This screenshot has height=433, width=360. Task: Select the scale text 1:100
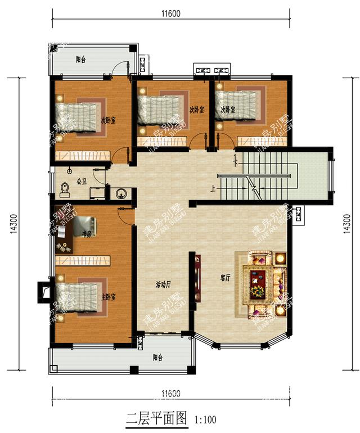(205, 420)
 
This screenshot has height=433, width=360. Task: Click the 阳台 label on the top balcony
(81, 60)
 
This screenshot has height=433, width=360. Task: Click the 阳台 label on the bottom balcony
(157, 358)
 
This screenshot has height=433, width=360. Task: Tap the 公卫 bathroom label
(81, 181)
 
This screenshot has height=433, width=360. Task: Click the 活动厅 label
(164, 285)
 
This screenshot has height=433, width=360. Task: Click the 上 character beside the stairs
(213, 189)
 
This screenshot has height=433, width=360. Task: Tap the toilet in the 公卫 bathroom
(65, 189)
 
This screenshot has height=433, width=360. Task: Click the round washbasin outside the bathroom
(120, 194)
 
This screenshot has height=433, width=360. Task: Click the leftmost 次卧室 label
(108, 120)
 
